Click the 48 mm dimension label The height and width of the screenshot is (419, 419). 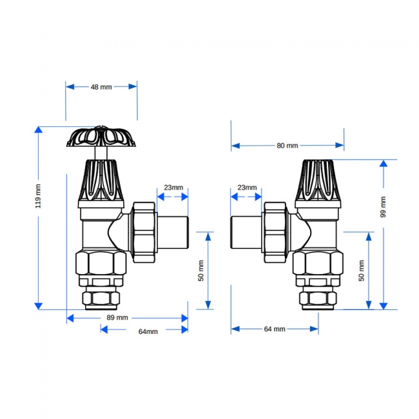click(x=101, y=86)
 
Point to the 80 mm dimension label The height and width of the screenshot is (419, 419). click(x=287, y=146)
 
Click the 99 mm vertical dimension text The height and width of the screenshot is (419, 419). click(x=383, y=206)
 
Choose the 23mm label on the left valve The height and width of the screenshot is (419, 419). click(x=173, y=188)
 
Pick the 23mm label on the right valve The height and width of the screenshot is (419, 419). click(x=246, y=188)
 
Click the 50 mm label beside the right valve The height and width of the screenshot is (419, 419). click(x=362, y=270)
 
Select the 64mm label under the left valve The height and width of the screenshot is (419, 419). click(x=148, y=331)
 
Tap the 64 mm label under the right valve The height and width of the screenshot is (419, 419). click(x=275, y=329)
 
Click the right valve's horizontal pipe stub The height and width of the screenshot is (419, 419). click(x=248, y=231)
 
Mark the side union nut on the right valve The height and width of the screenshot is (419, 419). click(x=275, y=232)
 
